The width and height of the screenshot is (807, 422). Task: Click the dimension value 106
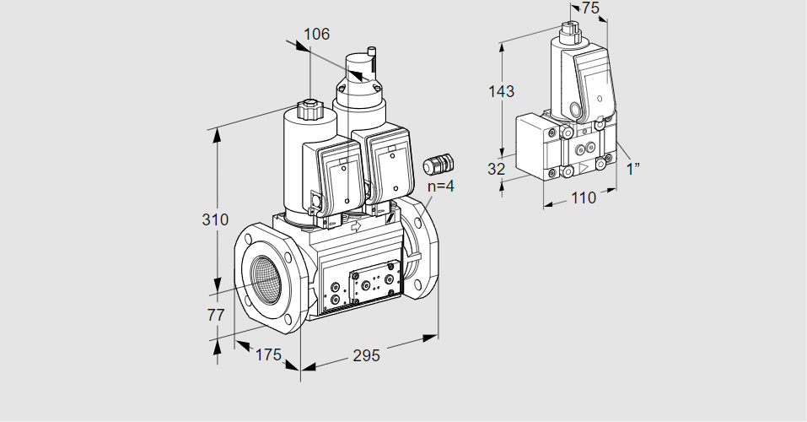point(316,34)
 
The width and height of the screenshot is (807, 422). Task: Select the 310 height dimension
point(215,219)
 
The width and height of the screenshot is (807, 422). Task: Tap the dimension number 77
point(216,315)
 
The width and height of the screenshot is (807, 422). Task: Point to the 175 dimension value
point(268,354)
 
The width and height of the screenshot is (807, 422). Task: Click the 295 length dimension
point(366,355)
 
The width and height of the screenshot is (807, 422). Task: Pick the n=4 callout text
point(441,186)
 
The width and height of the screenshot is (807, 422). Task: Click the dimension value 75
point(590,8)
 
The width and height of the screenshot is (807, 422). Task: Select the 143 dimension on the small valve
point(501,91)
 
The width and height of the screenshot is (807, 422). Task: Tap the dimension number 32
point(496,169)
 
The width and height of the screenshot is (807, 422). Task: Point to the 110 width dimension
point(584,197)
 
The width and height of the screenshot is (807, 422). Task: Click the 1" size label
point(632,169)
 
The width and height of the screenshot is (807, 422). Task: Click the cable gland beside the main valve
point(438,163)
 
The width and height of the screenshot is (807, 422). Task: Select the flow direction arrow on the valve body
point(355,225)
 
